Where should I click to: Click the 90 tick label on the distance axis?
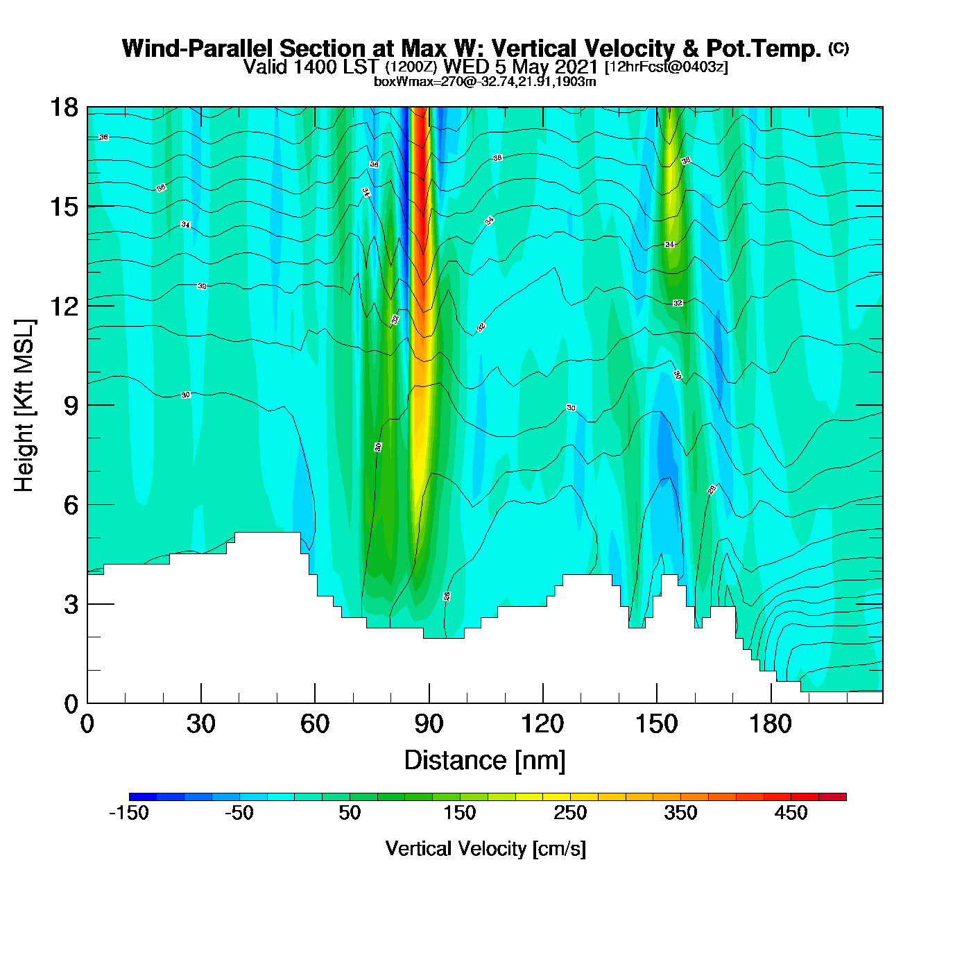pyautogui.click(x=429, y=724)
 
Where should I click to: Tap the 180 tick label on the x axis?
pyautogui.click(x=770, y=724)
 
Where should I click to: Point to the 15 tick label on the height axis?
pyautogui.click(x=64, y=207)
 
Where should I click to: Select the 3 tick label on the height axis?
pyautogui.click(x=71, y=604)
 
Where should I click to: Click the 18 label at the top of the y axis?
pyautogui.click(x=64, y=108)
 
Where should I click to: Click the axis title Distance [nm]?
pyautogui.click(x=485, y=761)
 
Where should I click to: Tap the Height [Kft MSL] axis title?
pyautogui.click(x=24, y=406)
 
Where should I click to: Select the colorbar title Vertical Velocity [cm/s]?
pyautogui.click(x=486, y=848)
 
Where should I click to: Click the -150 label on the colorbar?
pyautogui.click(x=129, y=813)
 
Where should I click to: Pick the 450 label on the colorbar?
pyautogui.click(x=791, y=813)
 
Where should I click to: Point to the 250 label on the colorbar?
pyautogui.click(x=570, y=813)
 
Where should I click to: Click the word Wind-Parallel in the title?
pyautogui.click(x=198, y=49)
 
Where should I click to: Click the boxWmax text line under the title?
pyautogui.click(x=485, y=81)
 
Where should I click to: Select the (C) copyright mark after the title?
pyautogui.click(x=839, y=48)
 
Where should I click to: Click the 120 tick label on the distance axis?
pyautogui.click(x=542, y=724)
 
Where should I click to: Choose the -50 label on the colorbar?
pyautogui.click(x=239, y=813)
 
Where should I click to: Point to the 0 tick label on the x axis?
pyautogui.click(x=87, y=724)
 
